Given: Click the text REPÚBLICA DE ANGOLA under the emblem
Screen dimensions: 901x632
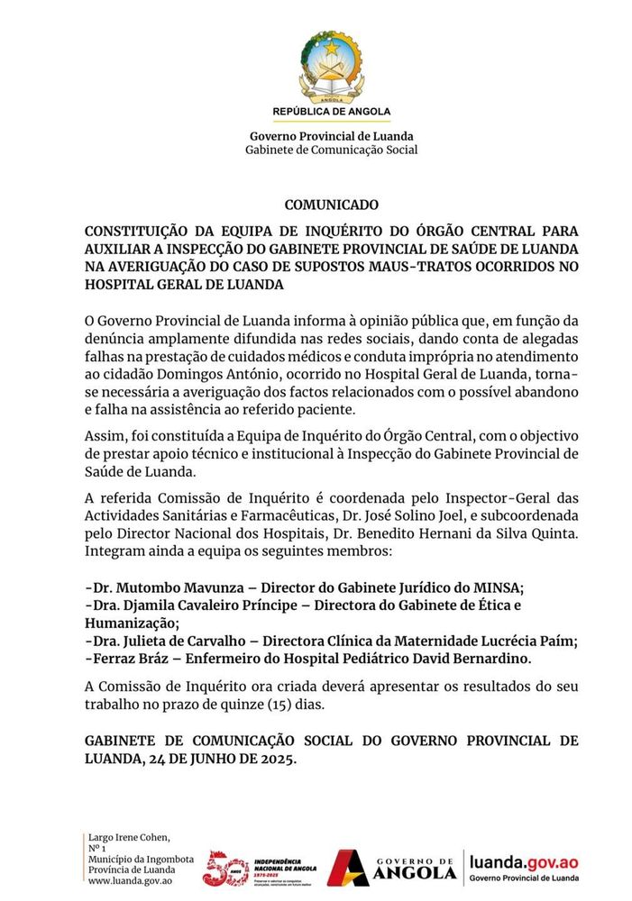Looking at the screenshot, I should [331, 112].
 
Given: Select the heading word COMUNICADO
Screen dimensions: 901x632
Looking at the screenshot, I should [331, 205].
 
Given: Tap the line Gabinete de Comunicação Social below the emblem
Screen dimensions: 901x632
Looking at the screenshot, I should [331, 150].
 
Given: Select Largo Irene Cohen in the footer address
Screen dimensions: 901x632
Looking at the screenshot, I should [128, 837].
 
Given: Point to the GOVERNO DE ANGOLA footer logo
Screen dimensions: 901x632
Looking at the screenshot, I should [393, 868].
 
